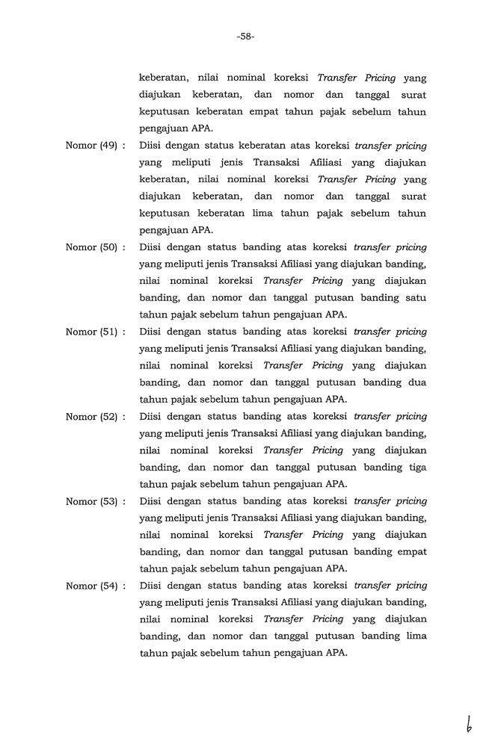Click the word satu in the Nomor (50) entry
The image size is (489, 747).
[x=416, y=298]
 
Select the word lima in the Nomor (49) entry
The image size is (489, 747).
[x=286, y=213]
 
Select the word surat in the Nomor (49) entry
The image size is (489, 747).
[x=413, y=196]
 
